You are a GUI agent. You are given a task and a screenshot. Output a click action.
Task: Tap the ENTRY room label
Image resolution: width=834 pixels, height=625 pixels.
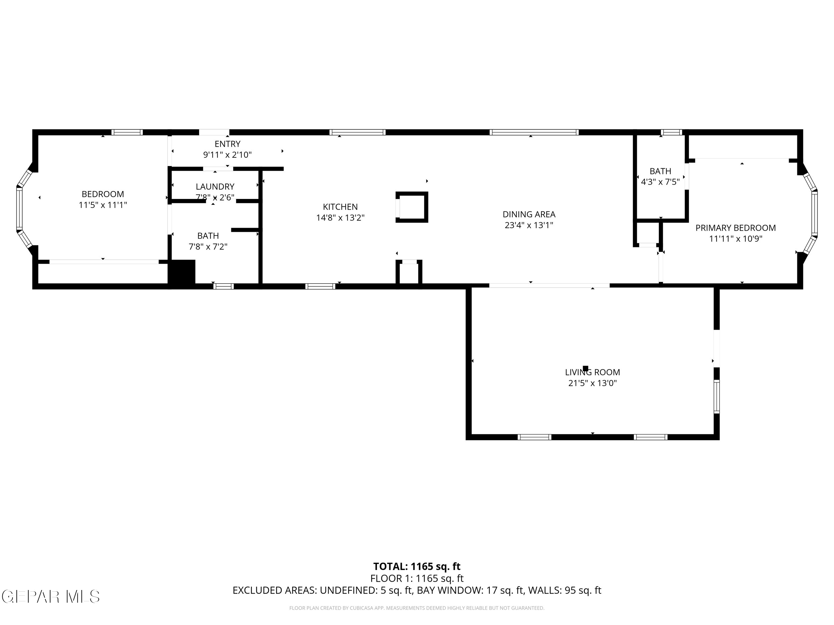pos(228,149)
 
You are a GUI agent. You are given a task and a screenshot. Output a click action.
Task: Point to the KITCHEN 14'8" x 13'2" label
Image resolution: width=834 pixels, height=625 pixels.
pos(340,212)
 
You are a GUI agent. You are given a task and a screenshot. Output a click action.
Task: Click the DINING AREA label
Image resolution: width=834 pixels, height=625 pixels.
pos(529,219)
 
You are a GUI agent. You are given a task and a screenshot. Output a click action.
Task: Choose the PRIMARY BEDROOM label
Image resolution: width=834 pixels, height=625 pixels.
pos(735,233)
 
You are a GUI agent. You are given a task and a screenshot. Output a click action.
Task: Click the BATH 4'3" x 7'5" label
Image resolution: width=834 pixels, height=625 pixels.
pos(660,176)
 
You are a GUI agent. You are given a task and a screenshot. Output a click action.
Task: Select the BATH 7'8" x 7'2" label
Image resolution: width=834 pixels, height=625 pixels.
pos(208,241)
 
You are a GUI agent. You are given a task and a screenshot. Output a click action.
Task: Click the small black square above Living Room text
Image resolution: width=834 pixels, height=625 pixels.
pos(585,368)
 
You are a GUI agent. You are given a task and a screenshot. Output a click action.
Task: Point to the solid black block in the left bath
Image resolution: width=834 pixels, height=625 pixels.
pos(182,272)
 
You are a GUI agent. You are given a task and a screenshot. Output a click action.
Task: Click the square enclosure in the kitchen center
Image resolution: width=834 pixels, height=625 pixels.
pos(412,207)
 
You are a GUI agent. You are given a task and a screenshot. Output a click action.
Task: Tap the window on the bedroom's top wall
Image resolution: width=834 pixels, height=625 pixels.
pos(127,132)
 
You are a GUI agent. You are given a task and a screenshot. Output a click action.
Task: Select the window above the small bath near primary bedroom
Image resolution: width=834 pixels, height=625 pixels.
pos(671,132)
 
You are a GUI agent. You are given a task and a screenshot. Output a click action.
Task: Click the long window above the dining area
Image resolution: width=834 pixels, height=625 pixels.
pos(534,132)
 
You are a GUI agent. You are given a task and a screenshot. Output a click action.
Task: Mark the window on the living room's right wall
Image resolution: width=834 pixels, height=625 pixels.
pos(716,397)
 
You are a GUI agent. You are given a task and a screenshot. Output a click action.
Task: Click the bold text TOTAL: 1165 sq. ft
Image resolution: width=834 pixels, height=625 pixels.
pos(417,566)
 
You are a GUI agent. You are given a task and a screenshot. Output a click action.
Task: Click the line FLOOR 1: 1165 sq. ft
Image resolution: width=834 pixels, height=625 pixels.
pos(417,578)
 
